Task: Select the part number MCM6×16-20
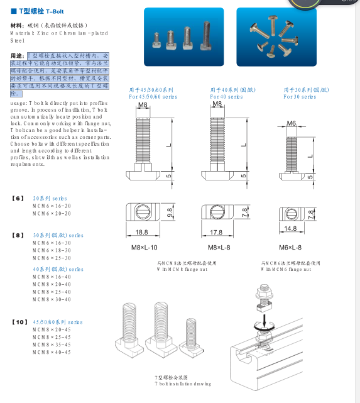click(52, 206)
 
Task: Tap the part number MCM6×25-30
click(52, 258)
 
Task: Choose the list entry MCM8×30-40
click(52, 299)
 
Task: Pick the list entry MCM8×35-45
click(52, 345)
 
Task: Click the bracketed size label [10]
click(19, 322)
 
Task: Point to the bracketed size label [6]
click(18, 198)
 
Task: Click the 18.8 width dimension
click(143, 232)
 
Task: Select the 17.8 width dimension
click(215, 232)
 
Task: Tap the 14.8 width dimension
click(290, 229)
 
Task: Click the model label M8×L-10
click(144, 248)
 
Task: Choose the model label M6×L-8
click(290, 248)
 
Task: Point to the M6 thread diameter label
click(292, 123)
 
